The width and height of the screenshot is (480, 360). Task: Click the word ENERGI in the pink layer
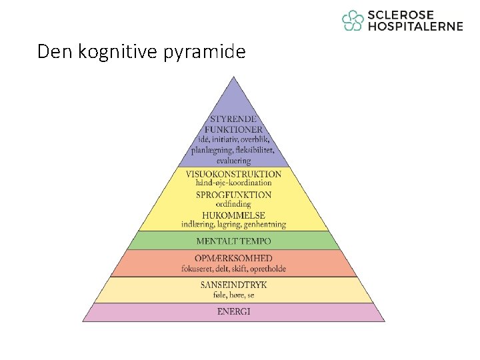click(233, 312)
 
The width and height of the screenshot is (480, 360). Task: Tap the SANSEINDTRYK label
click(233, 285)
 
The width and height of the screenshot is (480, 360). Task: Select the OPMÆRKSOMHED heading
click(233, 258)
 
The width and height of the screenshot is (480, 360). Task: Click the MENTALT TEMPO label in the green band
click(233, 241)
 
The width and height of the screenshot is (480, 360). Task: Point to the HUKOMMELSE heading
click(233, 215)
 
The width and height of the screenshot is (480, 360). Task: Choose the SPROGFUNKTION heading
click(233, 195)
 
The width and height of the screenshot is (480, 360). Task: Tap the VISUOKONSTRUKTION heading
click(233, 174)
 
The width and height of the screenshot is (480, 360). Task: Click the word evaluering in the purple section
click(233, 160)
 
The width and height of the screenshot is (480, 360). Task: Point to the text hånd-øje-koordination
click(233, 183)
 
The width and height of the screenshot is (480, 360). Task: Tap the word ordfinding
click(233, 203)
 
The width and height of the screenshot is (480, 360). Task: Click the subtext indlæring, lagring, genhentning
click(233, 225)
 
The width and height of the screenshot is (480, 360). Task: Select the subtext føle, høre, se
click(233, 295)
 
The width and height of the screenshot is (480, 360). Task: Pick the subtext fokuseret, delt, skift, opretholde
click(233, 269)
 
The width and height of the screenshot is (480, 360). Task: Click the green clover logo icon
click(353, 21)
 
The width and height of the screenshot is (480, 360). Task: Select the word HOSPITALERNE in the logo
click(415, 27)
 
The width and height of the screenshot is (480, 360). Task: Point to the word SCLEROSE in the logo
click(400, 15)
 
